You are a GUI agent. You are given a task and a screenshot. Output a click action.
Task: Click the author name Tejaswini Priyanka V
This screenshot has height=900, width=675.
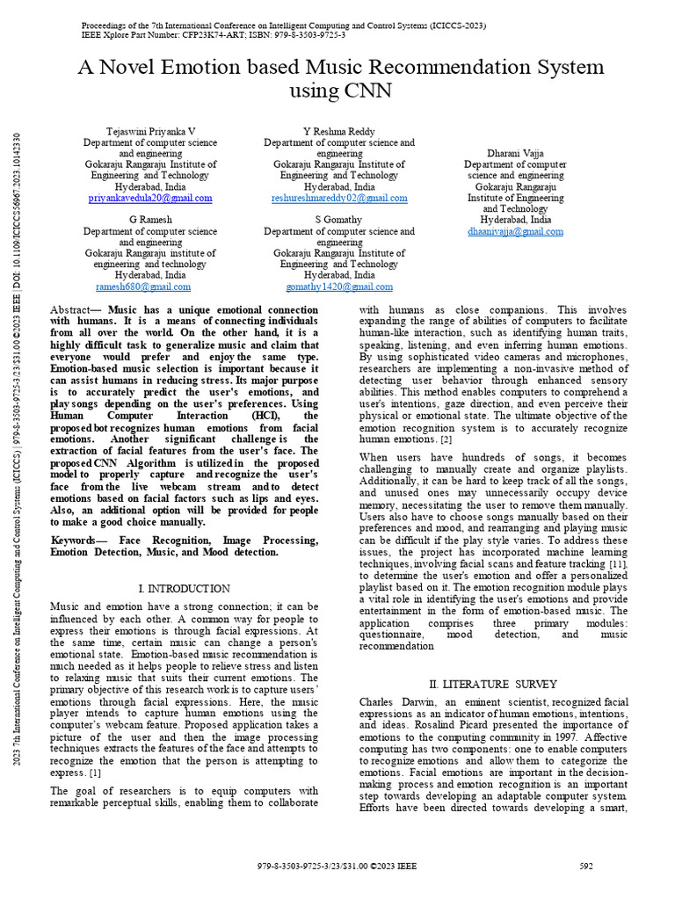(150, 131)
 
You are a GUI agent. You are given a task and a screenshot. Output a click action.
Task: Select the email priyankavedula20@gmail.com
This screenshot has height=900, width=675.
(150, 199)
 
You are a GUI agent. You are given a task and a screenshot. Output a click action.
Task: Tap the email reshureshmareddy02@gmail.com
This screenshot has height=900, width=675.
(339, 199)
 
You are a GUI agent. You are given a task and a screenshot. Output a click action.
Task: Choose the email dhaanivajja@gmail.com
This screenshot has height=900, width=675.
(515, 232)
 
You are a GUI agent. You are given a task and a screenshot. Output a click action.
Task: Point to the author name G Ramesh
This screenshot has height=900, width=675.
(150, 219)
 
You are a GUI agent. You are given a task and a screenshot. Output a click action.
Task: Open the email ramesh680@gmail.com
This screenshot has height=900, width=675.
(143, 287)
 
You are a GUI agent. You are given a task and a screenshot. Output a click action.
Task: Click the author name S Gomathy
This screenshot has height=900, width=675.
(339, 219)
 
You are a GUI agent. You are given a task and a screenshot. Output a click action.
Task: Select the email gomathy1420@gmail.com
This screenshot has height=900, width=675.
(339, 287)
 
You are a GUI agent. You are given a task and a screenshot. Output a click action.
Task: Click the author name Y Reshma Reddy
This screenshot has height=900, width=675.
(339, 131)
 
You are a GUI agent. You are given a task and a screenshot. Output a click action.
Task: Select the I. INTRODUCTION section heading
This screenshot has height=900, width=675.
(185, 588)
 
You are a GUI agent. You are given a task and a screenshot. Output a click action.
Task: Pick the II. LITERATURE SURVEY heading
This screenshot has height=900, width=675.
(492, 684)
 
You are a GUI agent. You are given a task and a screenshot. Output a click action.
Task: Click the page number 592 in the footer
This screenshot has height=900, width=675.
(587, 866)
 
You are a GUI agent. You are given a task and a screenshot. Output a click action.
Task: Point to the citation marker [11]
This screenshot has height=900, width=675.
(618, 562)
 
